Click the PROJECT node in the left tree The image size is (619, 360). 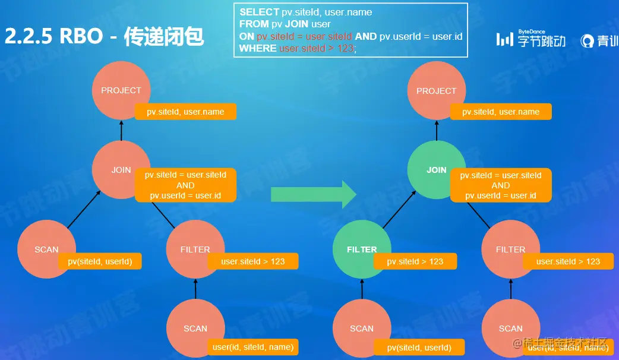pos(121,90)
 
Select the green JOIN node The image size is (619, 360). pos(436,170)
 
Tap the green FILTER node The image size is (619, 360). pos(361,250)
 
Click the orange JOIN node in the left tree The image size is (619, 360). pos(121,170)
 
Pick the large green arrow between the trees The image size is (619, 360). pos(313,194)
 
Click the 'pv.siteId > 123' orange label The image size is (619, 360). pos(415,261)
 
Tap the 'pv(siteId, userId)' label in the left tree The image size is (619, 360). pos(100,261)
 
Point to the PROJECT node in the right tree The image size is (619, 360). pos(436,91)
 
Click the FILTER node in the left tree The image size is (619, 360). pos(195,250)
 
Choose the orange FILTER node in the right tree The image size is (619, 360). pos(510,250)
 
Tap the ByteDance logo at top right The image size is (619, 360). pos(531,40)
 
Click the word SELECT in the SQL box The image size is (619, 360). pos(259,12)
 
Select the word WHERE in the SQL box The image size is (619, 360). pos(258,49)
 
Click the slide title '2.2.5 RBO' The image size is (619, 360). pos(54,37)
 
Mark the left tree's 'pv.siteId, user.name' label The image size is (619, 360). pos(185,112)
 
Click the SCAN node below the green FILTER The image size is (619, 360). pos(361,329)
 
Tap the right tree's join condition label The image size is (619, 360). pos(501,185)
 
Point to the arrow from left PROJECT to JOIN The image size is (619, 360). pos(121,130)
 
